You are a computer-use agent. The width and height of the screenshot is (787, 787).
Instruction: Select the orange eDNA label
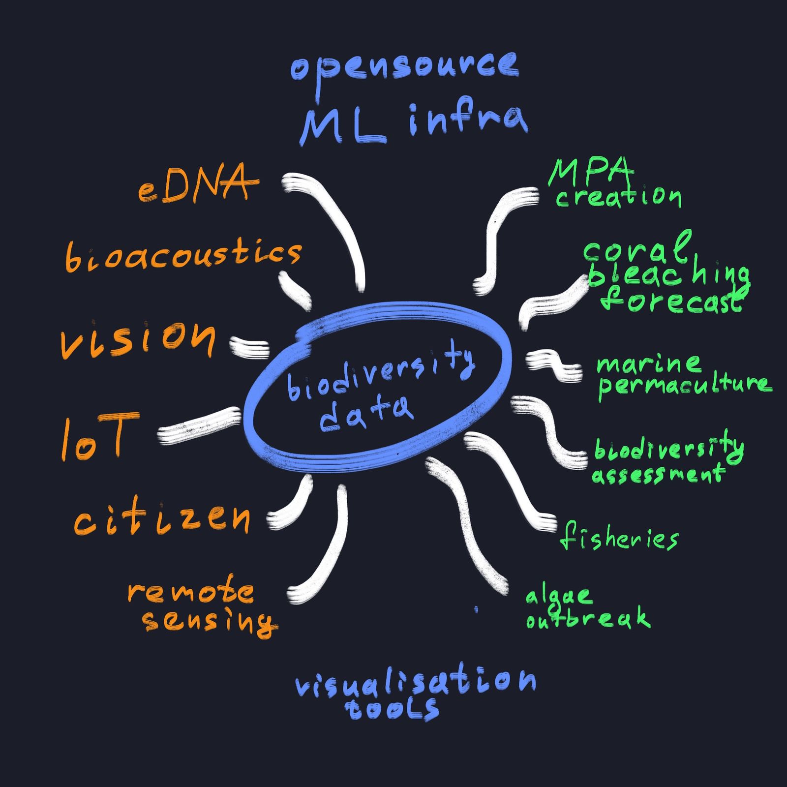coord(197,186)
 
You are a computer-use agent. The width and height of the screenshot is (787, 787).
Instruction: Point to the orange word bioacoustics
coord(183,256)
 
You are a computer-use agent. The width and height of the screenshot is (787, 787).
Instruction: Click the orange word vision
coord(138,338)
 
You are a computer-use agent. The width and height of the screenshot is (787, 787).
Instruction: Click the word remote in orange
coord(191,593)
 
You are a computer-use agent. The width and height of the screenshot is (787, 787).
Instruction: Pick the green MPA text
coord(590,172)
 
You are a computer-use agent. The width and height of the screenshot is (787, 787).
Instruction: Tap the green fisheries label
coord(619,539)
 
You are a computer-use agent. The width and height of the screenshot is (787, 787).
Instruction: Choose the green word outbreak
coord(588,619)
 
